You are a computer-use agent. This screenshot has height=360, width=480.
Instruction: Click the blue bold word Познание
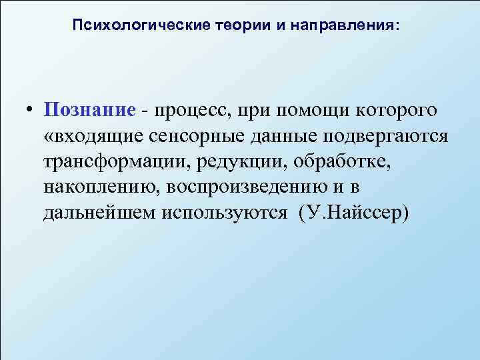click(x=90, y=109)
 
